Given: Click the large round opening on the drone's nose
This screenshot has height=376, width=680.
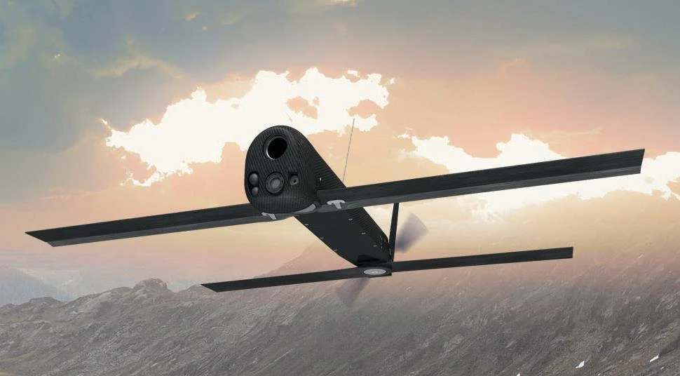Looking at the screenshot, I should coord(277,147).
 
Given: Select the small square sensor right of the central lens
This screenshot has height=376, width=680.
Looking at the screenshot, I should coord(294,180).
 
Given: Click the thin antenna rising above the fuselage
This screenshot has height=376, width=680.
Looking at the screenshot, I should coord(348,150).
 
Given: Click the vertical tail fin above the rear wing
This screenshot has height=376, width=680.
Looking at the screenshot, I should coord(394,231).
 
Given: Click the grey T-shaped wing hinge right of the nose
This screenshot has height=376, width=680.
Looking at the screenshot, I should coord(337,204).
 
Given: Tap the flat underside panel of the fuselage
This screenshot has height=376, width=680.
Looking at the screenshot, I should coord(344,235).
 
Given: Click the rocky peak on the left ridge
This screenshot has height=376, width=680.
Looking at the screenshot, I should coord(151,283).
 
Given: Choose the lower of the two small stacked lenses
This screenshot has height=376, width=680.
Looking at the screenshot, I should coord(254,190).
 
